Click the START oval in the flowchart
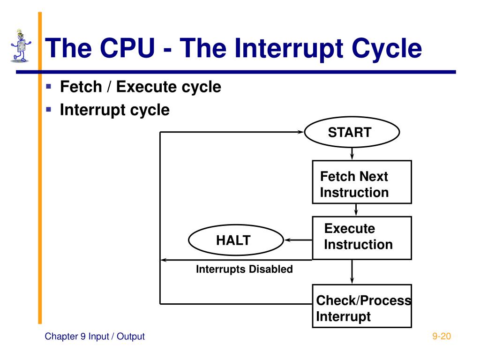[352, 132]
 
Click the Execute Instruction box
[362, 238]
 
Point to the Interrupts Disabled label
[244, 270]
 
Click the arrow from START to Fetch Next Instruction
[352, 154]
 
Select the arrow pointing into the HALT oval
[298, 240]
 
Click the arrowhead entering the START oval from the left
[300, 132]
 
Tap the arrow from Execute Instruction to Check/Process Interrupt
[352, 272]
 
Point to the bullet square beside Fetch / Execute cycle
[48, 86]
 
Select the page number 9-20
[441, 336]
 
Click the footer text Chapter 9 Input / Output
[95, 337]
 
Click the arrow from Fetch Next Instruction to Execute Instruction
[356, 210]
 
